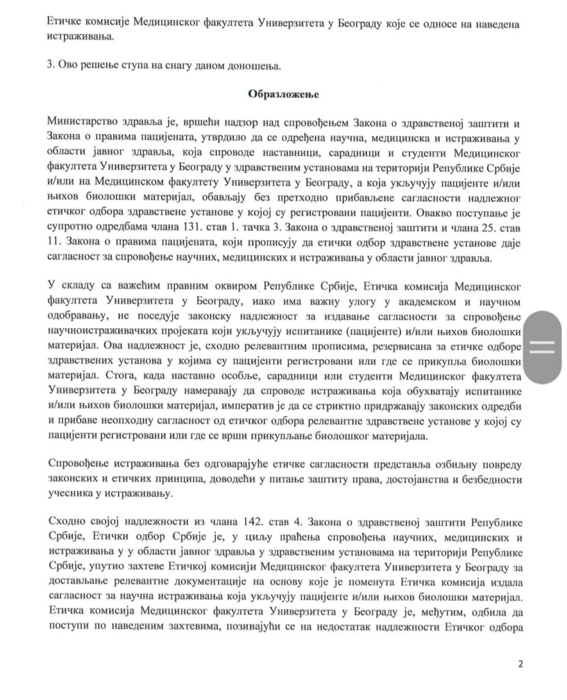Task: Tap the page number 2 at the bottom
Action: [521, 663]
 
